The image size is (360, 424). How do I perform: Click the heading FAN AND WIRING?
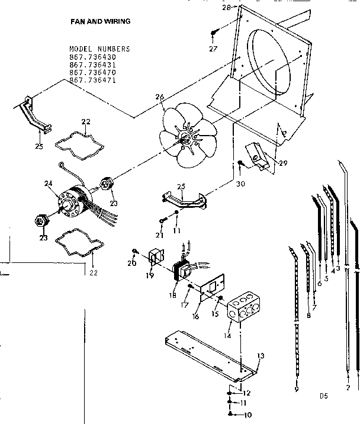point(100,21)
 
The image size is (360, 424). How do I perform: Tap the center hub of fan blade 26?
point(187,139)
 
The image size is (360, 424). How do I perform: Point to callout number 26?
point(159,98)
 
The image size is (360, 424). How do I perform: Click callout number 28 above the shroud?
point(226,7)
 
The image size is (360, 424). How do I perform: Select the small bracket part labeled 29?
point(259,156)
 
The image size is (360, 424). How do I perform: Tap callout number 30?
point(239,183)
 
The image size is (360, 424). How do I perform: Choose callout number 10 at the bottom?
point(247,415)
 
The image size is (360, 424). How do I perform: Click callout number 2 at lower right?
point(348,387)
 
